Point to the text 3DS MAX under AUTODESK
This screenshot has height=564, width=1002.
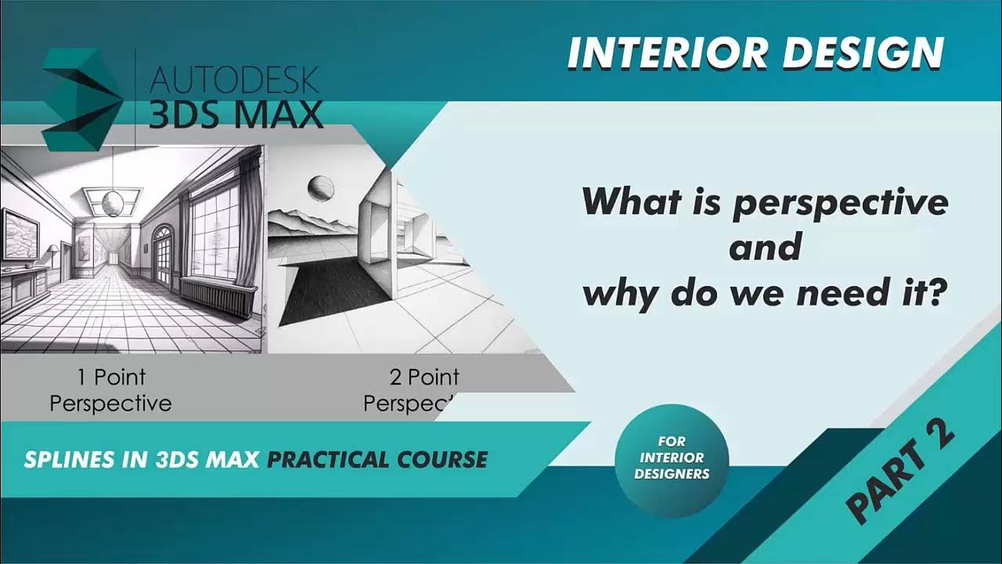235,114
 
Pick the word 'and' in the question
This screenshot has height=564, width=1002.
765,248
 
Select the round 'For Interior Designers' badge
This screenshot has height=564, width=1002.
672,458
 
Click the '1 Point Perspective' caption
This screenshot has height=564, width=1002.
110,390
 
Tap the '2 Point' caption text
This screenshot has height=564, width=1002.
424,378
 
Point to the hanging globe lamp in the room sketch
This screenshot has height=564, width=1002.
114,203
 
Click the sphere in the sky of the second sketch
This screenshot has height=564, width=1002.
321,188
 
